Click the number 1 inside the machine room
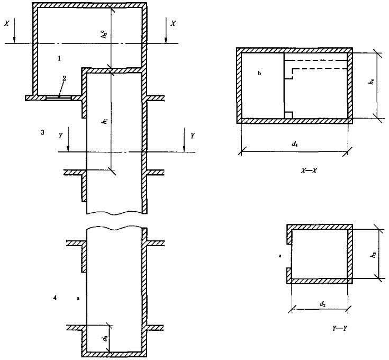click(x=59, y=59)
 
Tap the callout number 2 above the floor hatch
click(x=64, y=78)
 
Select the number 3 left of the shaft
click(x=42, y=132)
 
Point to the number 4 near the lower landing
click(x=55, y=298)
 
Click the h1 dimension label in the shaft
click(x=106, y=121)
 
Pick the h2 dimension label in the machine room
click(x=105, y=34)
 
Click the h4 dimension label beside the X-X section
click(x=372, y=82)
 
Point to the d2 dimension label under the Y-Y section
click(x=322, y=304)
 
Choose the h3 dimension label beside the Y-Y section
click(x=374, y=255)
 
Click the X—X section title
click(x=309, y=170)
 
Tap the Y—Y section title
click(x=340, y=328)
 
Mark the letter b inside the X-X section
click(x=259, y=74)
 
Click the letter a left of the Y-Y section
click(x=280, y=256)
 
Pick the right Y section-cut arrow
click(x=184, y=140)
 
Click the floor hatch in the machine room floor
click(x=59, y=98)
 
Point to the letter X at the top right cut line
click(x=174, y=23)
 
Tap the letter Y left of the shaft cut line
click(x=61, y=136)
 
